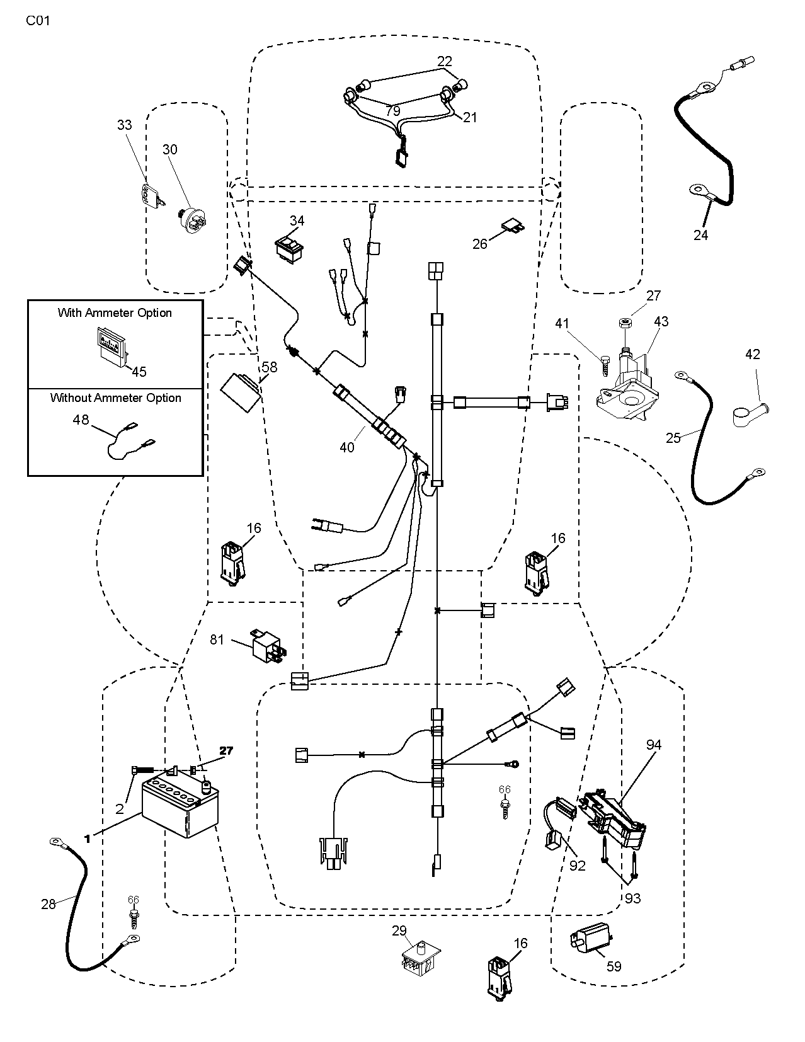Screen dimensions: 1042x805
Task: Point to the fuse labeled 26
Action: coord(512,227)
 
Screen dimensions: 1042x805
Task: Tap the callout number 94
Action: coord(654,745)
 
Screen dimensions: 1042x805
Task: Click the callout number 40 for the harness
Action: coord(347,447)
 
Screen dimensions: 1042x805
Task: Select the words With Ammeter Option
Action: coord(115,312)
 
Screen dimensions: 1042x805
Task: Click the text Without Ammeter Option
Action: coord(115,398)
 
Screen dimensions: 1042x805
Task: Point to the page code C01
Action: coord(38,21)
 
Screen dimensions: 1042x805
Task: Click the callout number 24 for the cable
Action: coord(700,236)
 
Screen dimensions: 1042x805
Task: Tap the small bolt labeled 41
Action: coord(607,365)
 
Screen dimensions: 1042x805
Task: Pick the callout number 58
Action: coord(270,366)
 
